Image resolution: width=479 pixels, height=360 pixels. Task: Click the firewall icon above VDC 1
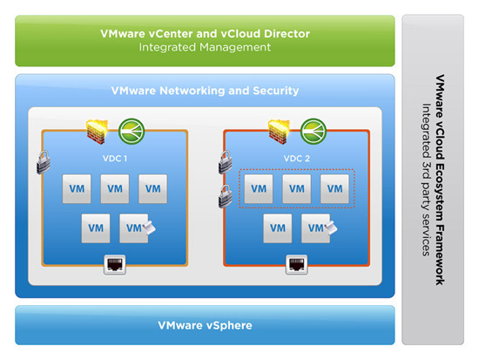98,132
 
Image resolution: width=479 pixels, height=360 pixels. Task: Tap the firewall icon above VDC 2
279,132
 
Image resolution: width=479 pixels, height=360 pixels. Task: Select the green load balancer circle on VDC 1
132,132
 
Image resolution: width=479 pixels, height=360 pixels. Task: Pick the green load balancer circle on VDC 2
314,132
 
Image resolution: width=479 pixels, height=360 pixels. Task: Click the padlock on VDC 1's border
44,162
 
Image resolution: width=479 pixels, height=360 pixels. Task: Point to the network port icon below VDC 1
115,265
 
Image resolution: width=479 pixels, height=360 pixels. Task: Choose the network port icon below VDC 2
296,265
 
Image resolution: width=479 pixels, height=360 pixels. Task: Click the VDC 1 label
115,159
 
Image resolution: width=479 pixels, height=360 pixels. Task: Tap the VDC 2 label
296,159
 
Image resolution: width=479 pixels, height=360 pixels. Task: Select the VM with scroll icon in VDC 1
134,228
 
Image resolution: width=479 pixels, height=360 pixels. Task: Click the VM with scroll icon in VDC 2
316,228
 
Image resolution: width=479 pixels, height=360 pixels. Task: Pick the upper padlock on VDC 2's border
226,162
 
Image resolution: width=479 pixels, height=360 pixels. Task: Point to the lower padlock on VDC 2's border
226,196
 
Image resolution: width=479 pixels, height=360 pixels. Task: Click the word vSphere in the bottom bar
229,325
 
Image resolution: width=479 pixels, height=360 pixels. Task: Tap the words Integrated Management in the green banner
205,47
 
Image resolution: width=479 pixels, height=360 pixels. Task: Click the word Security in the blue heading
276,91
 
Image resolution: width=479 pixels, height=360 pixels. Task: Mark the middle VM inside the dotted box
297,189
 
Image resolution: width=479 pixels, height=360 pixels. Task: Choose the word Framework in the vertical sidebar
440,254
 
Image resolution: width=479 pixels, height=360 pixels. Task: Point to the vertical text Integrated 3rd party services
426,180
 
